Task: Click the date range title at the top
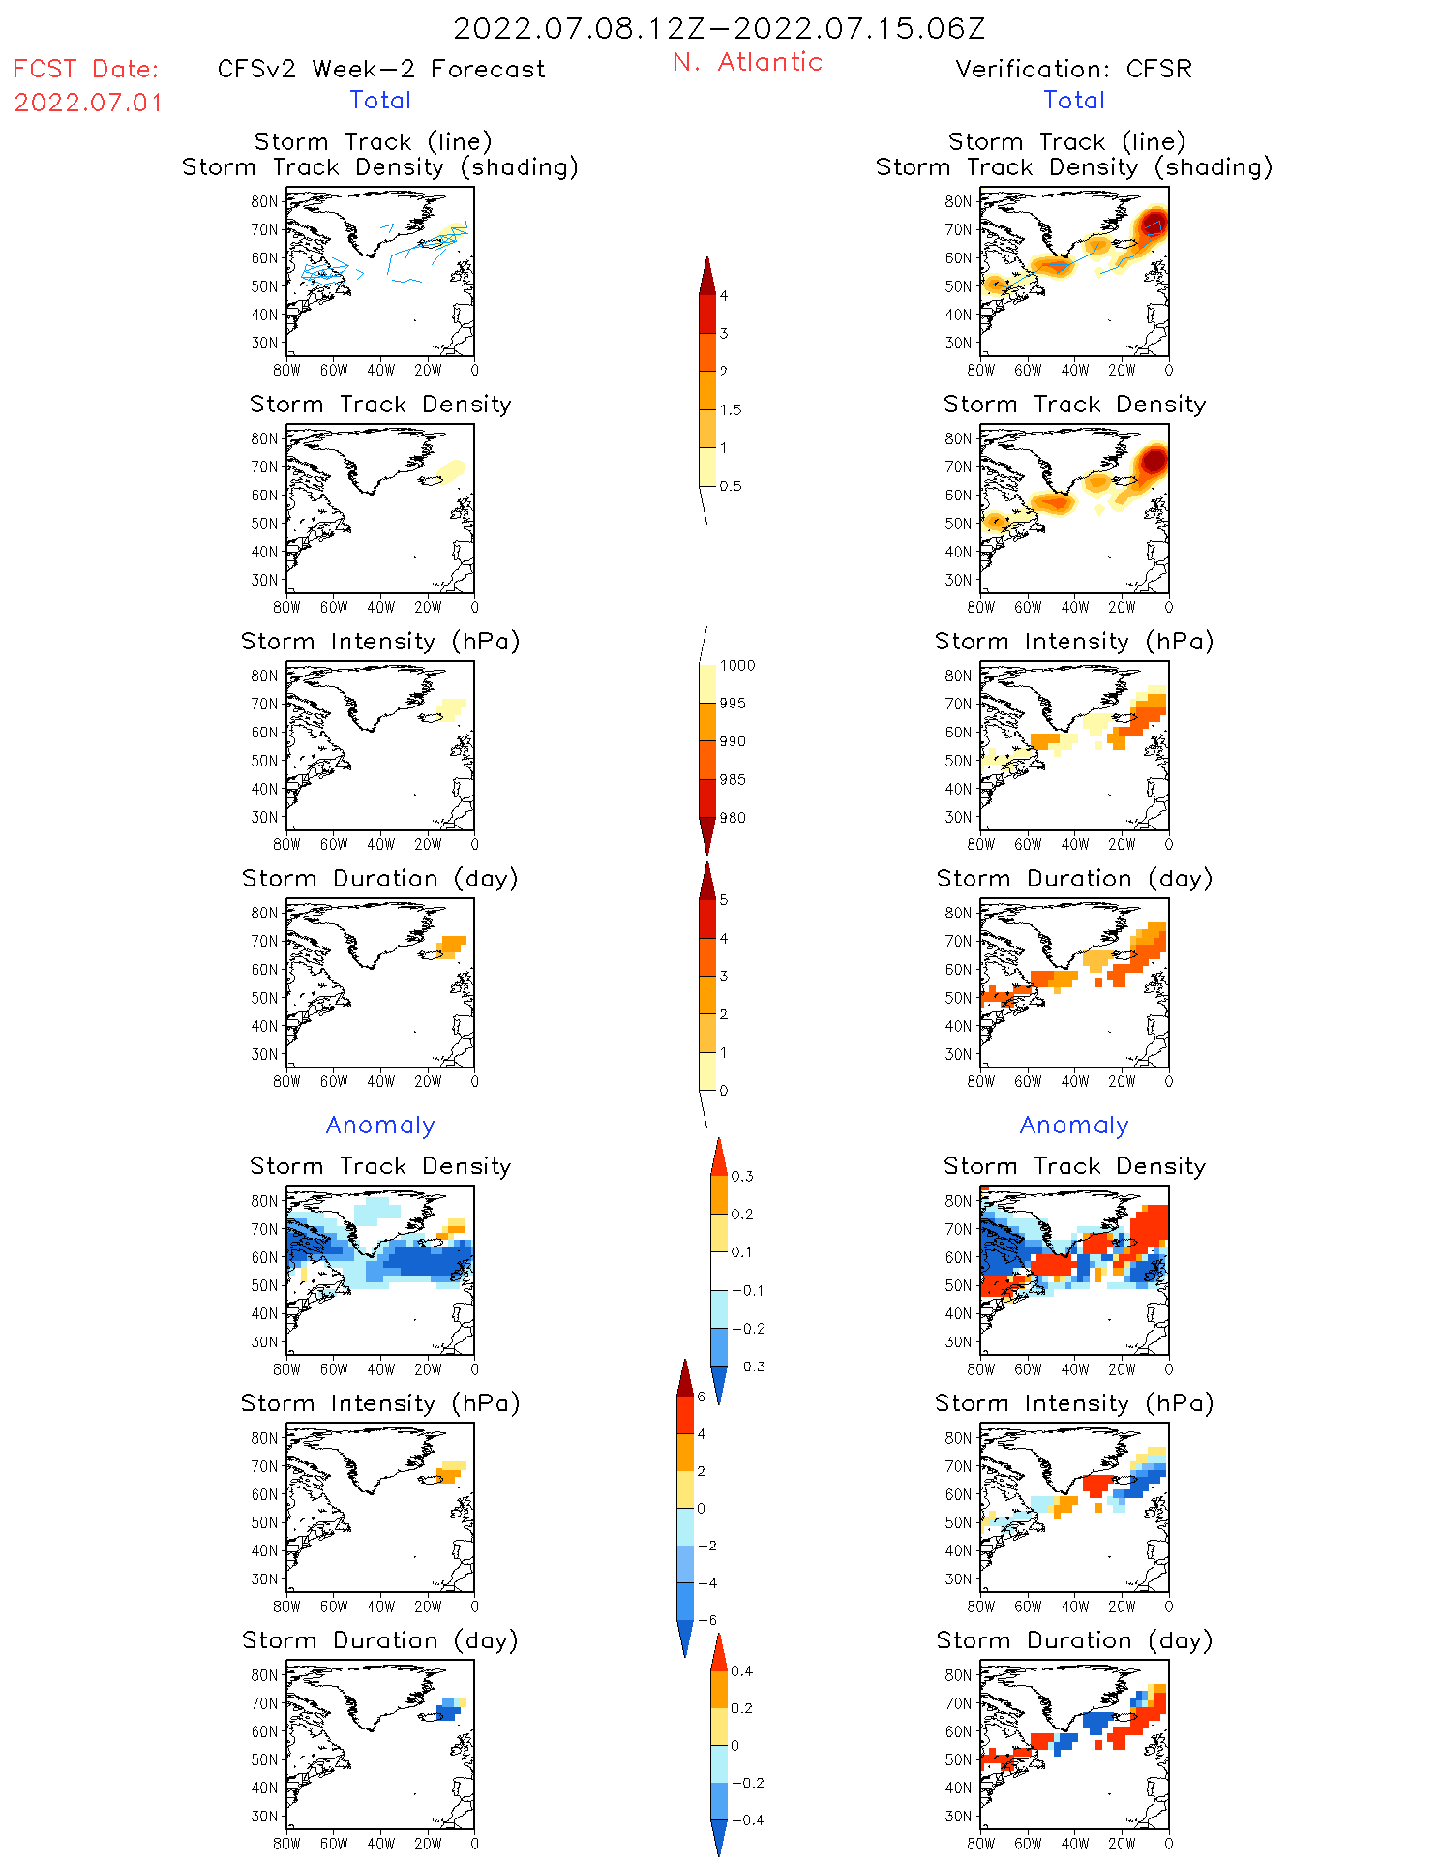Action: [719, 28]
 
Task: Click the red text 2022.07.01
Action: [88, 103]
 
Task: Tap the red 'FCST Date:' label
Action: [85, 70]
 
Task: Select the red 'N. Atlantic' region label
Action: [747, 62]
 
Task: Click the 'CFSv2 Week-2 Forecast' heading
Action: [381, 69]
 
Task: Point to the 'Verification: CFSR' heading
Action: [1073, 69]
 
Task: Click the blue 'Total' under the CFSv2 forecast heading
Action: [380, 100]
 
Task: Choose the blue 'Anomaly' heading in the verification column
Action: [1074, 1125]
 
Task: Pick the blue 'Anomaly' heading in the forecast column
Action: [380, 1125]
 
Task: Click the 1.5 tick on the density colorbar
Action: [731, 409]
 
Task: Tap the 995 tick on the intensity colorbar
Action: [733, 704]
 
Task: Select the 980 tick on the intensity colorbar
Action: [733, 818]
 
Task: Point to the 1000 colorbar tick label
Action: [736, 665]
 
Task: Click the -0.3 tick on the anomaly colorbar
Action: [748, 1367]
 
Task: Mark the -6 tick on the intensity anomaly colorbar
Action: [707, 1620]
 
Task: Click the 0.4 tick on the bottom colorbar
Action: [741, 1670]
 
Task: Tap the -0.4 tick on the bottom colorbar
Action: [747, 1819]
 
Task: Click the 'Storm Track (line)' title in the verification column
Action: [1066, 141]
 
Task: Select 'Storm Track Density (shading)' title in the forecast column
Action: [380, 166]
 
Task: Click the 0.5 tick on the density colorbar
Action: [731, 486]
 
